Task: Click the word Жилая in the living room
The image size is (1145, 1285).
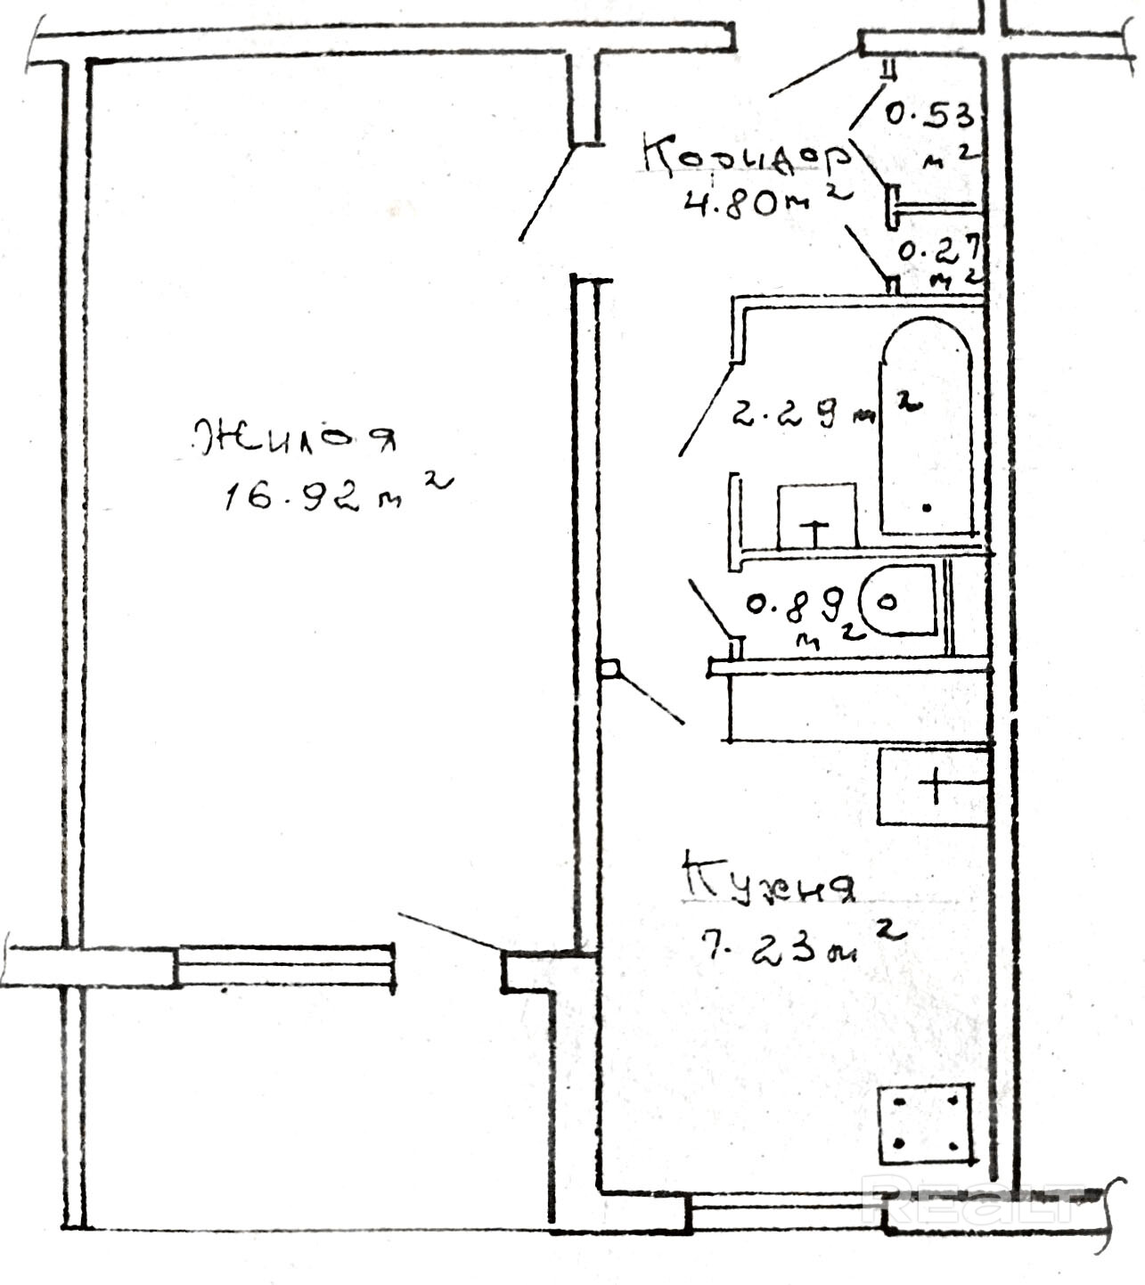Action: click(x=294, y=437)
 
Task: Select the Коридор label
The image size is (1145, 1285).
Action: click(x=745, y=157)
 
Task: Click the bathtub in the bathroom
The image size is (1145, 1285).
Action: click(x=926, y=428)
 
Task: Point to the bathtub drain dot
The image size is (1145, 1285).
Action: click(x=928, y=508)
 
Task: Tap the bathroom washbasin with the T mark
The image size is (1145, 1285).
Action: click(x=817, y=517)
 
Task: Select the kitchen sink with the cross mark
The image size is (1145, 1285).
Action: click(x=933, y=786)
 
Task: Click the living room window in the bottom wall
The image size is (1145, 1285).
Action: click(x=285, y=967)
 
